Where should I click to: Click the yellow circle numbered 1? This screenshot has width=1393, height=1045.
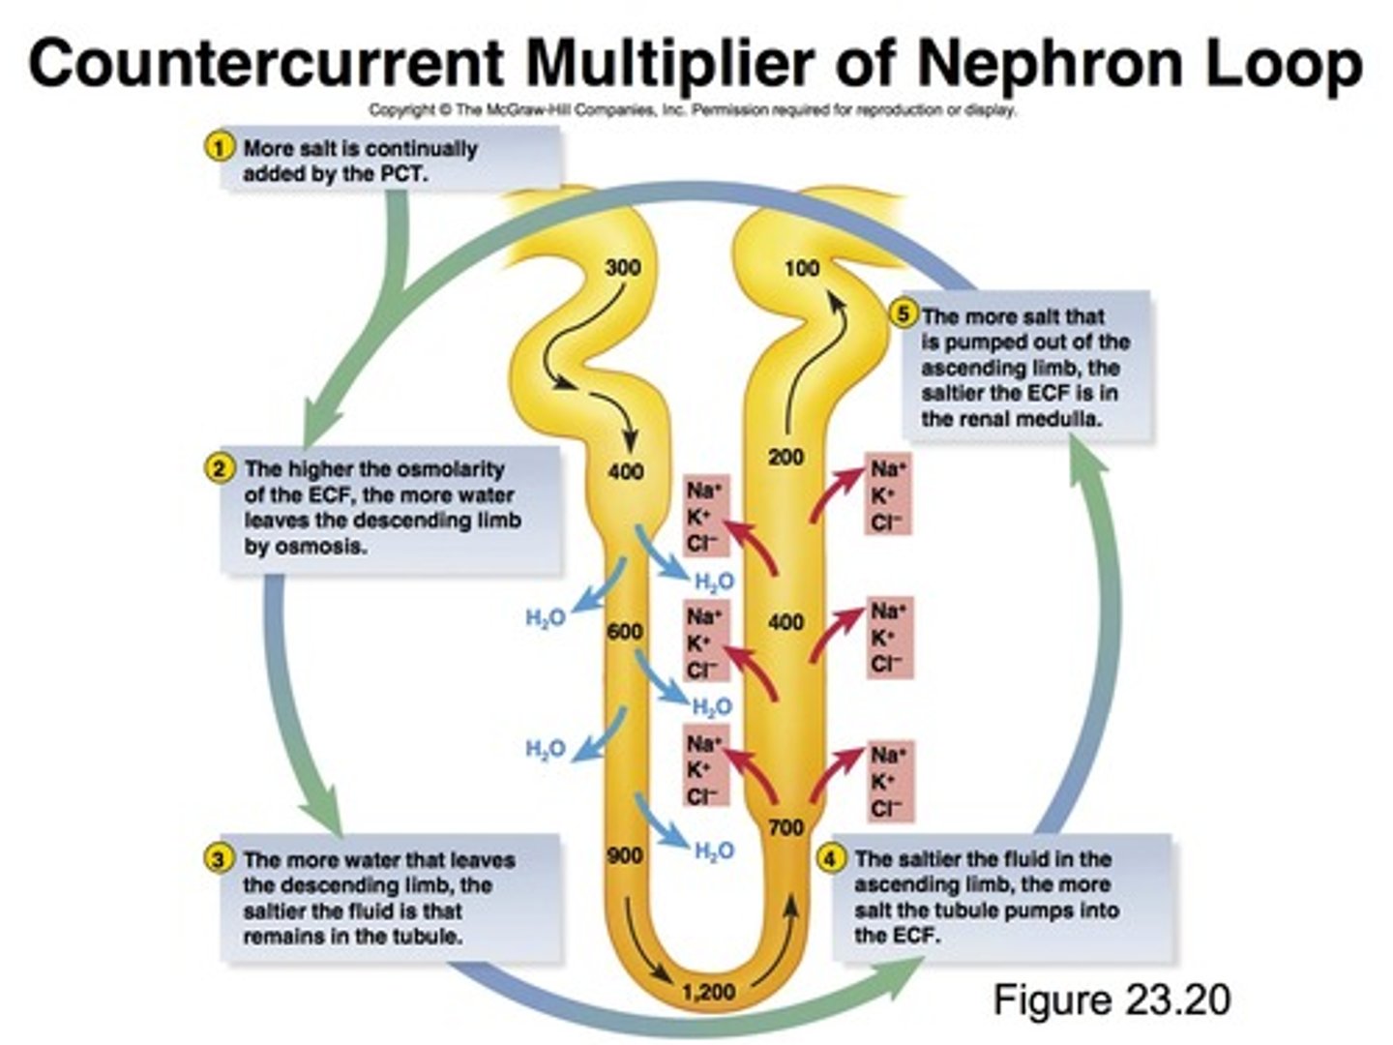(220, 148)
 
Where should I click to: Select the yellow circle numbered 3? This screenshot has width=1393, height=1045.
(220, 858)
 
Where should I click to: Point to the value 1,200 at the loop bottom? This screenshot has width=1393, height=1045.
(708, 992)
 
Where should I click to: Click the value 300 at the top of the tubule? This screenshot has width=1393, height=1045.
(622, 268)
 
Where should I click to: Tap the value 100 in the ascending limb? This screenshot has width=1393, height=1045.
(801, 268)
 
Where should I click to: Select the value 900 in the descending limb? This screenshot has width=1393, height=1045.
(624, 855)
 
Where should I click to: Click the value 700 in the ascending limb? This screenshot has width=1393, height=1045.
(785, 827)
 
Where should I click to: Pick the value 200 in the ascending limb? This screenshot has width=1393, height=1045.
(785, 457)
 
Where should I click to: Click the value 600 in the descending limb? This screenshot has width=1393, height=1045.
(624, 632)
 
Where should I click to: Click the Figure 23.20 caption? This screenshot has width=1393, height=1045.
(1111, 999)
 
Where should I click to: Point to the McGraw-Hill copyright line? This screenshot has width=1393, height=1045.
(692, 110)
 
